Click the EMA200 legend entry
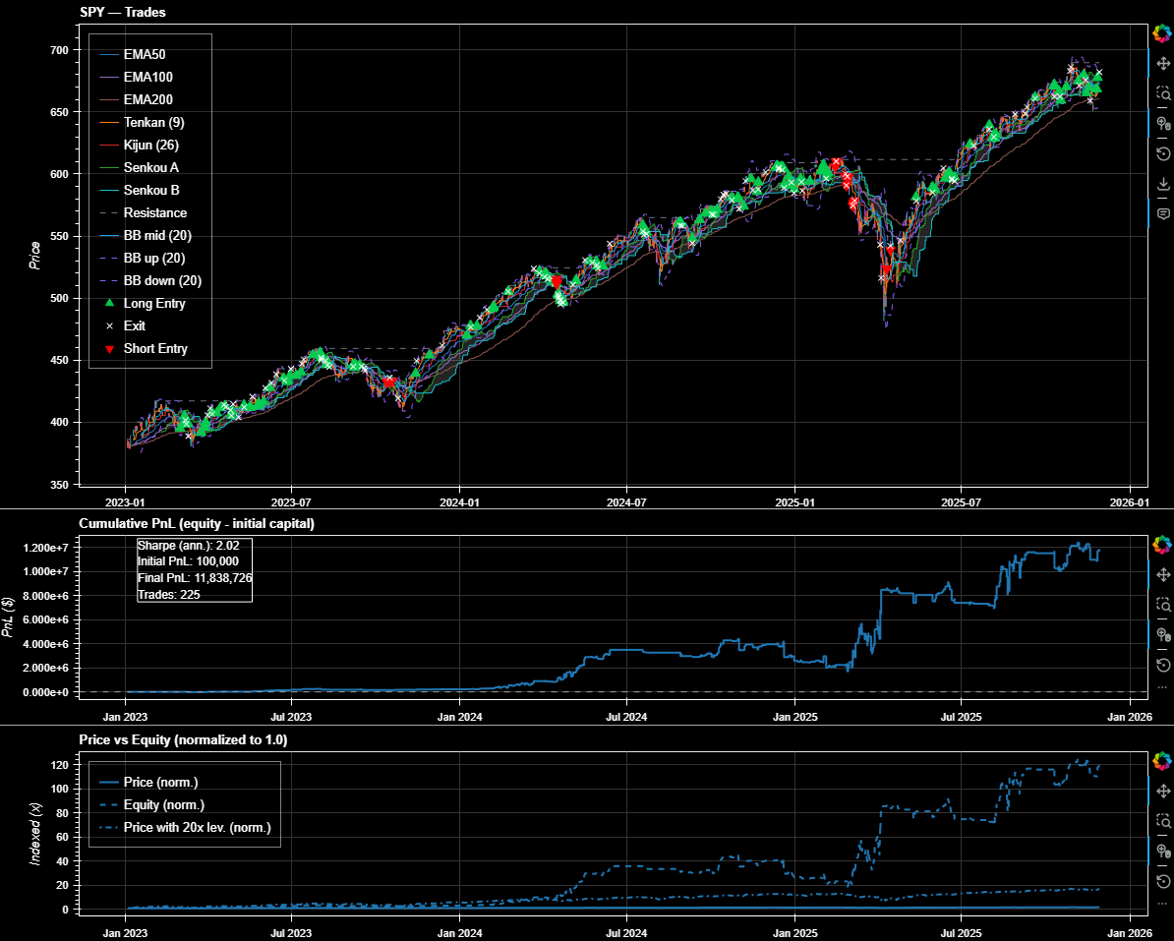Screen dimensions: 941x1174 147,99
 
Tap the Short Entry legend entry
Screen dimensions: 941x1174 154,348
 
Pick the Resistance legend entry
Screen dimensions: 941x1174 154,212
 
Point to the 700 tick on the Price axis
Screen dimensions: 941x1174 58,50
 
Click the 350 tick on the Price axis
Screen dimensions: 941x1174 58,485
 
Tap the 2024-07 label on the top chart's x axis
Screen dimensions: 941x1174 626,502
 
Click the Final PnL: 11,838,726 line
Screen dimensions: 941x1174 194,577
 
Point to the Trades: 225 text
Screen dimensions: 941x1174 169,594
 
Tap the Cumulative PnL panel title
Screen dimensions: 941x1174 197,523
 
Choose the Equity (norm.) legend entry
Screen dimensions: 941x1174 164,805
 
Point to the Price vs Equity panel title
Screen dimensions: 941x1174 183,738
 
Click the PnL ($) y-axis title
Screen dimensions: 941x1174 9,618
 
